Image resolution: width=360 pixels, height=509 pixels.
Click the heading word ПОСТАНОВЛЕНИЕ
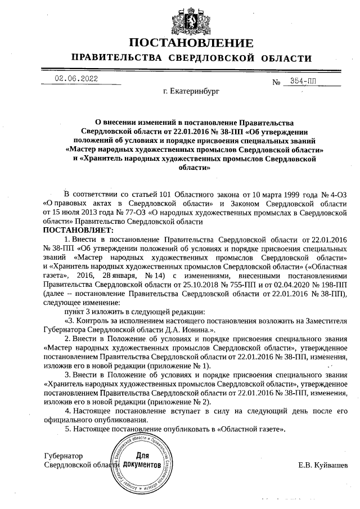coord(191,43)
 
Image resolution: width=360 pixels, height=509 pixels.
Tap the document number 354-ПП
coord(303,81)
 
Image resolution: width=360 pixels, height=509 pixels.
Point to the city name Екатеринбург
coord(191,90)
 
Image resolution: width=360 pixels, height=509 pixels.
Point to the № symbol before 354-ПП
coord(276,83)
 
